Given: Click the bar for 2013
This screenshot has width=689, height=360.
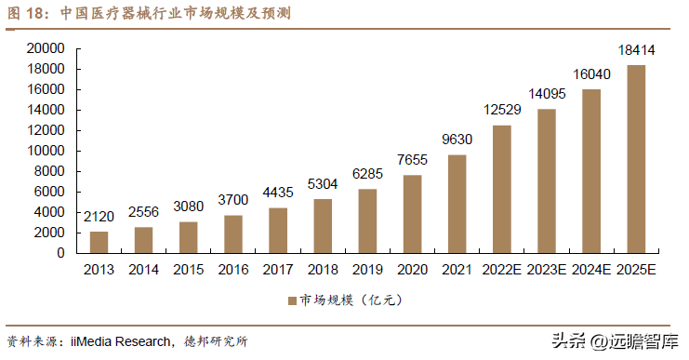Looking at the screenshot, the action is [99, 242].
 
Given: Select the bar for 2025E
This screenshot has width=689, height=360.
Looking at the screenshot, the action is [636, 159].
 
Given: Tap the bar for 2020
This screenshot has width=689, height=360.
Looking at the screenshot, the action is [412, 214].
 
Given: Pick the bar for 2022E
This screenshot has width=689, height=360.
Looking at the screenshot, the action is [502, 190].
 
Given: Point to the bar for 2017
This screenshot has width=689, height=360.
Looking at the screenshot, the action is [278, 231].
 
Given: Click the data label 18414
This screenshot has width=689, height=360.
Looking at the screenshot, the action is [636, 50].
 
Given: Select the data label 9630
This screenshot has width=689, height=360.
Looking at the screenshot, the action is [457, 140].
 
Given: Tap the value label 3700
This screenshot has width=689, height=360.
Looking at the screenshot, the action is [233, 200].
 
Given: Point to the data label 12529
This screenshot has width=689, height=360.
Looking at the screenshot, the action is [502, 110].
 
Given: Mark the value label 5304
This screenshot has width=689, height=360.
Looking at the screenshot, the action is [323, 184].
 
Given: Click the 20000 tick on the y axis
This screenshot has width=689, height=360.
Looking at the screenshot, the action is [46, 48].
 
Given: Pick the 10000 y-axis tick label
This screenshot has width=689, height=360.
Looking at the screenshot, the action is [46, 151].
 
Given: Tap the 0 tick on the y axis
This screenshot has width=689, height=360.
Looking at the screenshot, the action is [60, 253].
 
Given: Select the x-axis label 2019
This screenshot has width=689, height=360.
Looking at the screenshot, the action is [367, 270].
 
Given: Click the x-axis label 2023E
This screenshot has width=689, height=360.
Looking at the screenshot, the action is [547, 270].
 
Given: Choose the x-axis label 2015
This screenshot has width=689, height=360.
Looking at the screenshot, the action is [189, 270].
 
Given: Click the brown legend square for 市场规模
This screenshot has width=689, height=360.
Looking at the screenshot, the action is [292, 300].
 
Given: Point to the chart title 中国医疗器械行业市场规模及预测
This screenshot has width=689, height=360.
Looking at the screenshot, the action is [176, 13].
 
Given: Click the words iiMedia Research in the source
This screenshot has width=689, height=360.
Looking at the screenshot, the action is [121, 341].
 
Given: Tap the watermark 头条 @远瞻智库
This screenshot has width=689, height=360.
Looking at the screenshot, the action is [616, 341].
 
